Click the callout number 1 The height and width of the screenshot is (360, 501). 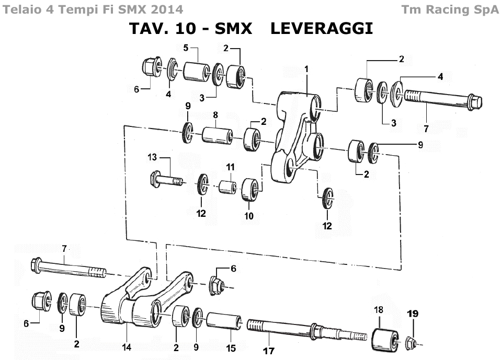coord(306,69)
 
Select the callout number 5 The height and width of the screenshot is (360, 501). coord(186,48)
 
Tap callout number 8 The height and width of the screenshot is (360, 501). coord(215,114)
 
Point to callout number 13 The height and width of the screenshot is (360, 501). coord(152,157)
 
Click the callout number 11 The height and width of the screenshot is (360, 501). coord(231,167)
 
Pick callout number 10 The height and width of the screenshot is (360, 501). coord(249,215)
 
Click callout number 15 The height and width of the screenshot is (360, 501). coord(231,348)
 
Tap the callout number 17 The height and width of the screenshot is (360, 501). coord(269,351)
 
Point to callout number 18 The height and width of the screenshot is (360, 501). coord(379,309)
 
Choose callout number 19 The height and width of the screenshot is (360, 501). coord(413,313)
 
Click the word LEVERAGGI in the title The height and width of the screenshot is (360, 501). coord(322,28)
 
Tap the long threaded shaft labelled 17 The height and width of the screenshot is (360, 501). coord(293,330)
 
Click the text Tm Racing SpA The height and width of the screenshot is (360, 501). coord(450,9)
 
